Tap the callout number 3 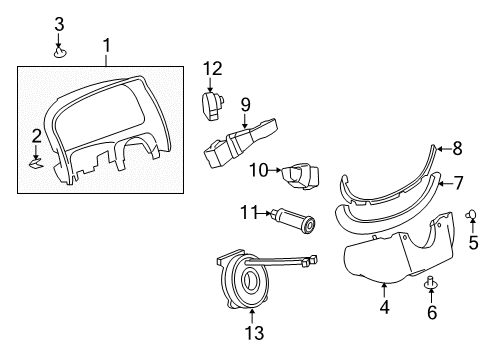[59, 22]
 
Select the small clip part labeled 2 [38, 157]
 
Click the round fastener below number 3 [59, 50]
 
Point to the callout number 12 [211, 68]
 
